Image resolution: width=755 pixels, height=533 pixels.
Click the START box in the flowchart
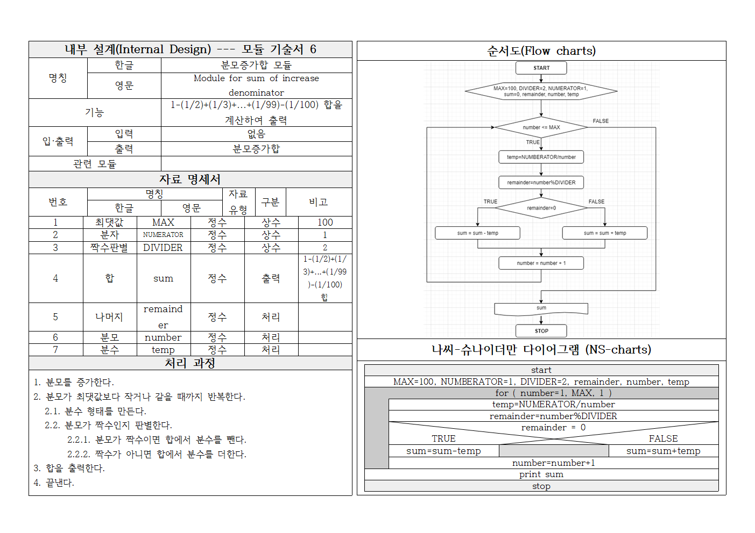coord(541,68)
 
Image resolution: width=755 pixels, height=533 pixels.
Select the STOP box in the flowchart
coord(541,331)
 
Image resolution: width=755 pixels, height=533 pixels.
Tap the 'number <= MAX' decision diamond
coord(541,127)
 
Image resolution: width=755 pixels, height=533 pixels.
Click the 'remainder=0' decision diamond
coord(541,208)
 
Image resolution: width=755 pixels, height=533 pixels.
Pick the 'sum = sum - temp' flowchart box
coord(477,233)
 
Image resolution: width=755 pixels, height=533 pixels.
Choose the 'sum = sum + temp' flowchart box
coord(604,233)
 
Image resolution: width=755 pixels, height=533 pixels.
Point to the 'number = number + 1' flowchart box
coord(541,263)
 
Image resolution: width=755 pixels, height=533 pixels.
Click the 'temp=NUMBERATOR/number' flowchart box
coord(541,157)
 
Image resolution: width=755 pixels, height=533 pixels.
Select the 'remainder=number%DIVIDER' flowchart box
coord(541,183)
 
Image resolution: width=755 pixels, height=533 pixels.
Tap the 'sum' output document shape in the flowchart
coord(541,308)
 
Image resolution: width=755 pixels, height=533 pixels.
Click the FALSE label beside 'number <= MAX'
coord(601,121)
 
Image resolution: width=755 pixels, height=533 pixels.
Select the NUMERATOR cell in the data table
coord(163,235)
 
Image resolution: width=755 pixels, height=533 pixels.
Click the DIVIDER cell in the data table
coord(163,248)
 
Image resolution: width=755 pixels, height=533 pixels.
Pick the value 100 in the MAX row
coord(325,222)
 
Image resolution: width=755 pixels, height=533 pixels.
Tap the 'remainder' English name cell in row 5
coord(163,317)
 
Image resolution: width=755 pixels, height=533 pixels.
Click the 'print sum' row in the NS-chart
coord(541,474)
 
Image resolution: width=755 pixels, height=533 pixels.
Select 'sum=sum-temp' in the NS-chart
coord(443,451)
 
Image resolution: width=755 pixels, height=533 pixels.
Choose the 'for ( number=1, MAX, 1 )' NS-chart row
coord(553,393)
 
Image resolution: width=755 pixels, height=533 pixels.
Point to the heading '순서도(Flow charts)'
coord(541,51)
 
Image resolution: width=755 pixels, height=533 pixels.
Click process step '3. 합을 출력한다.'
coord(69,469)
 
